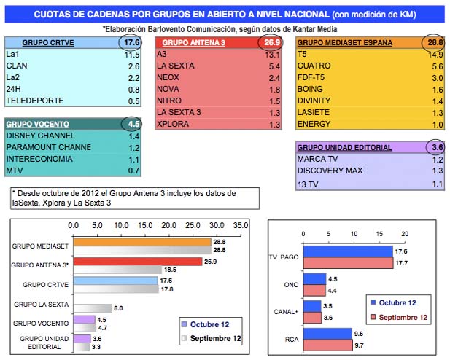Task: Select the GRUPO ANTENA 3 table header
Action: (x=189, y=43)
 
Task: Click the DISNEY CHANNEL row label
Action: (x=36, y=136)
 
